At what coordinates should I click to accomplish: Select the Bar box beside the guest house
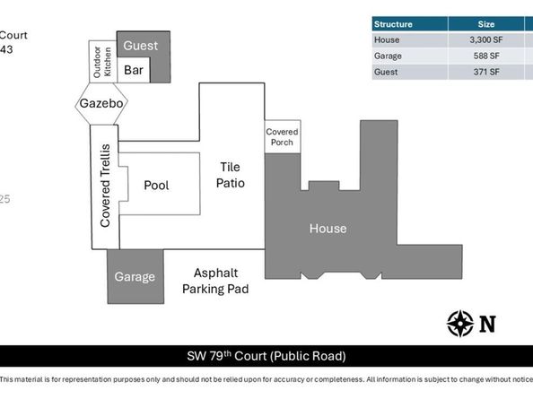[135, 69]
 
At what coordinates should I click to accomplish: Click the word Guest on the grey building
[141, 46]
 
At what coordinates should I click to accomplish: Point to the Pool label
[156, 185]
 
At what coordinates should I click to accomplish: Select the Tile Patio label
[232, 174]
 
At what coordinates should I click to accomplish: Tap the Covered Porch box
[282, 138]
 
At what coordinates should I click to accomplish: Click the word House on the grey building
[328, 229]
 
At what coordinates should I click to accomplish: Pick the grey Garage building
[134, 277]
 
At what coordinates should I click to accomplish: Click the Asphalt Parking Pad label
[215, 281]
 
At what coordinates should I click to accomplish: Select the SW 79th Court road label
[266, 356]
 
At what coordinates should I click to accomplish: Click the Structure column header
[393, 24]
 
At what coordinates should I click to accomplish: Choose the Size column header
[486, 24]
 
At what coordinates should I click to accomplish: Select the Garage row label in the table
[389, 56]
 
